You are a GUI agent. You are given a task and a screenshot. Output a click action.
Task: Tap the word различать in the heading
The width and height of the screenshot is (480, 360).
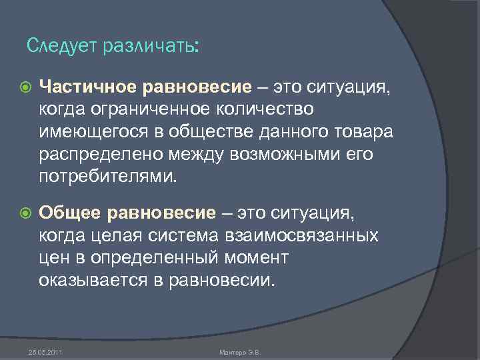146,47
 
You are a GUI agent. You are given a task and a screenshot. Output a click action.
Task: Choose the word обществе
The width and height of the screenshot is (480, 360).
205,131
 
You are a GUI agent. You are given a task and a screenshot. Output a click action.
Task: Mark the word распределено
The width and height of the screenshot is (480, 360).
97,154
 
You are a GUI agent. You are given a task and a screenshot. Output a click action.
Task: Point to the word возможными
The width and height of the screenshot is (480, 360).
276,154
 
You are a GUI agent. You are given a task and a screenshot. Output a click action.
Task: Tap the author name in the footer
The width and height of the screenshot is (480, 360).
239,351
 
